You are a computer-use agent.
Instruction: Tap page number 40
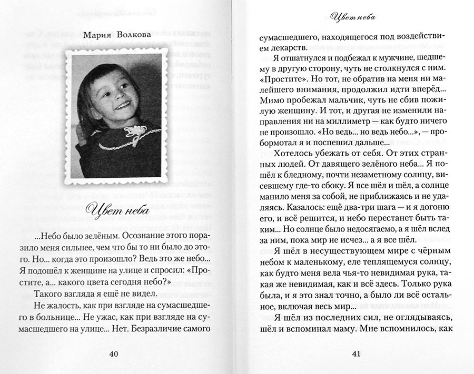tap(114, 353)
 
